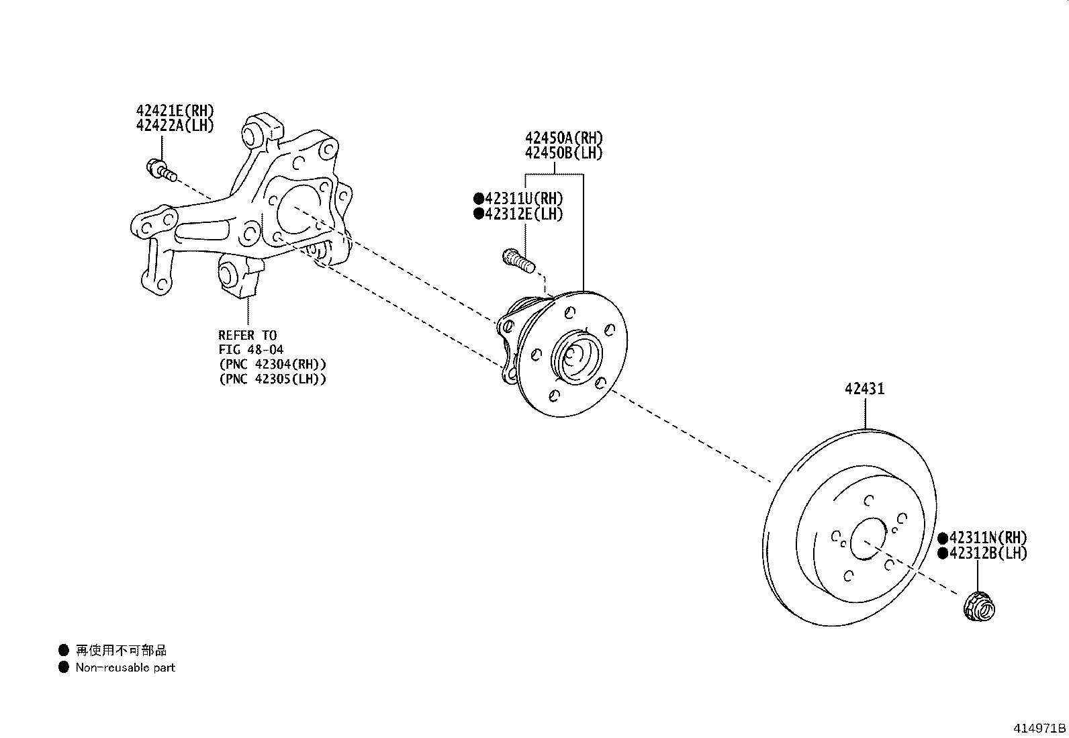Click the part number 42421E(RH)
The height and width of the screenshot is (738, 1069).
pyautogui.click(x=175, y=111)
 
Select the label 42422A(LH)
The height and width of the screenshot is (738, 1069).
pyautogui.click(x=175, y=126)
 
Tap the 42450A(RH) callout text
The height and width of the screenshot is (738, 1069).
pyautogui.click(x=564, y=138)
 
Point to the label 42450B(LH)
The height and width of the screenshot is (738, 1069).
pyautogui.click(x=564, y=153)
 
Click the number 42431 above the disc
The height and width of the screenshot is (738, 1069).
pyautogui.click(x=864, y=389)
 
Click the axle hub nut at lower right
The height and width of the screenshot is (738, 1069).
pyautogui.click(x=978, y=605)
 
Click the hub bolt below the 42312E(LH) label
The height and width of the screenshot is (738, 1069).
pyautogui.click(x=518, y=260)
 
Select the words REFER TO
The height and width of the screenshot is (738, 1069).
pyautogui.click(x=247, y=335)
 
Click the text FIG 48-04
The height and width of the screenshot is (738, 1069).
pyautogui.click(x=250, y=350)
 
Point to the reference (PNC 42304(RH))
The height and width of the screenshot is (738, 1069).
pyautogui.click(x=272, y=364)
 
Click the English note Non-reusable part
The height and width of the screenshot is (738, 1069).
pyautogui.click(x=125, y=667)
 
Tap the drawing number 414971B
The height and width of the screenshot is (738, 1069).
pyautogui.click(x=1039, y=729)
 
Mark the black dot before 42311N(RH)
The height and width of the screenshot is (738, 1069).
pyautogui.click(x=943, y=538)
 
